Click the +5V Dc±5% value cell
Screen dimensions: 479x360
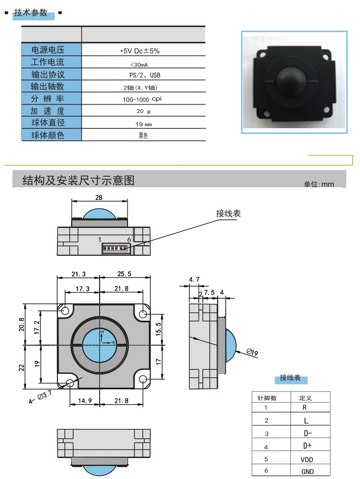click(x=143, y=51)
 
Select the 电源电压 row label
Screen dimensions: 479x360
click(x=48, y=50)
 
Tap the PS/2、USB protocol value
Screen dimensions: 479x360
click(x=143, y=75)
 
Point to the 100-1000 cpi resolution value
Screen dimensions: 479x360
click(x=143, y=99)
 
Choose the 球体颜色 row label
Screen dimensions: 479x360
click(x=48, y=135)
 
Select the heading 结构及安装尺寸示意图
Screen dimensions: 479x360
click(x=79, y=180)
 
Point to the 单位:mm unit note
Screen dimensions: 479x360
click(x=319, y=184)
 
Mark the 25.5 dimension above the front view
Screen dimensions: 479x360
click(x=124, y=274)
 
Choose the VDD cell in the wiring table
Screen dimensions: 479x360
click(x=307, y=459)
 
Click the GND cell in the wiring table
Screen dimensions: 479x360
click(x=307, y=472)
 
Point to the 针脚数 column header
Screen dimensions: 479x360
click(x=267, y=398)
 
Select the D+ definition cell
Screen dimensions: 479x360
click(x=307, y=446)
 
